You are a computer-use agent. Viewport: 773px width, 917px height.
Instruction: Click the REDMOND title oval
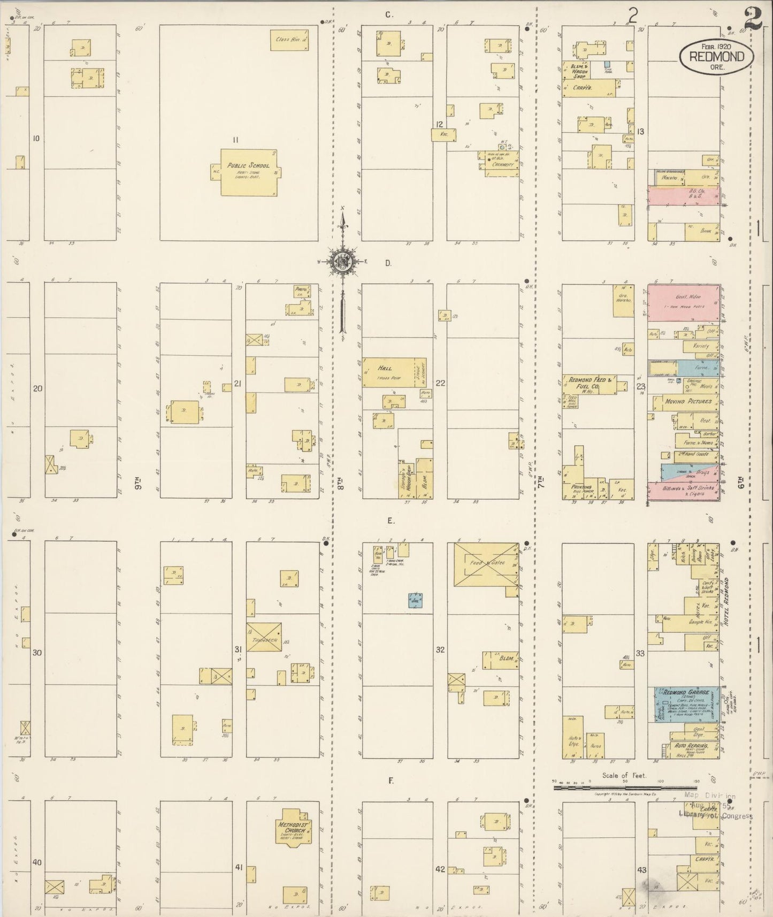pos(716,56)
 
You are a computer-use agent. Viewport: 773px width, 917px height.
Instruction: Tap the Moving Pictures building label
pos(688,401)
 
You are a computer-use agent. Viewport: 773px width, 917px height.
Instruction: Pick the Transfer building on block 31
pos(264,637)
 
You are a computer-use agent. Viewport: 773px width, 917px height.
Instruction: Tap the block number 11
pos(235,140)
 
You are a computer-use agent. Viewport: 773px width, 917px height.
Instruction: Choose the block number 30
pos(37,653)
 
